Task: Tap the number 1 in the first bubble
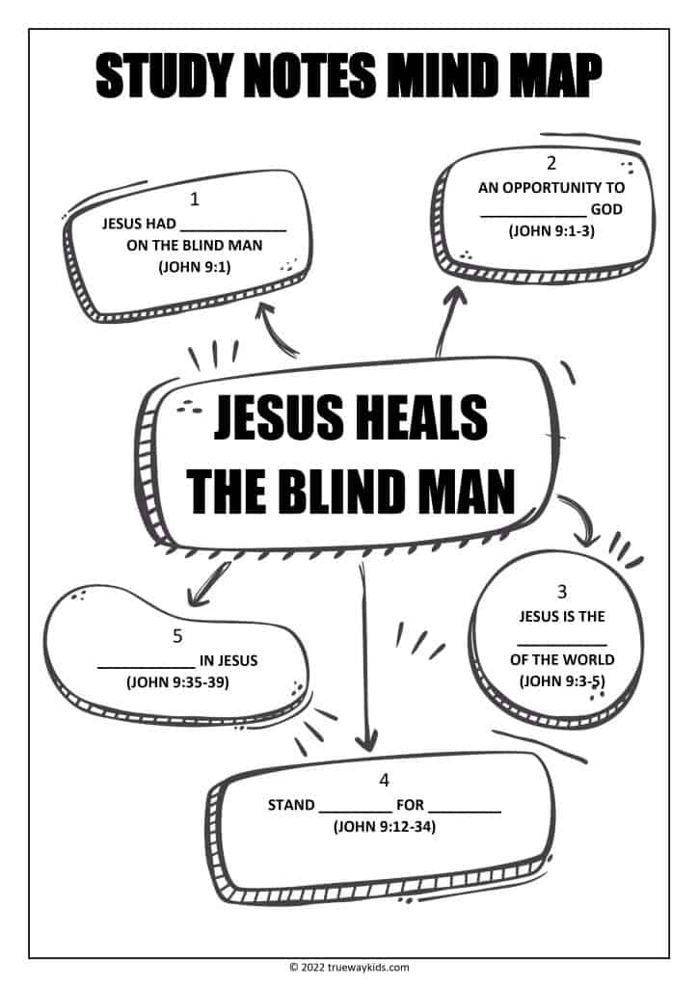click(195, 200)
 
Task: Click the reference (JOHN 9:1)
click(195, 267)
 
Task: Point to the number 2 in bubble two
click(551, 164)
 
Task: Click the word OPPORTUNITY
click(550, 187)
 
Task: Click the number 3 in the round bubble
click(562, 591)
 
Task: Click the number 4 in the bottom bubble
click(385, 780)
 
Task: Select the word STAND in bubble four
click(291, 805)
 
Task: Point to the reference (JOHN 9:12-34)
click(384, 826)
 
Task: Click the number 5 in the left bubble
click(177, 636)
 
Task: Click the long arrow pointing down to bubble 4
click(363, 655)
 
